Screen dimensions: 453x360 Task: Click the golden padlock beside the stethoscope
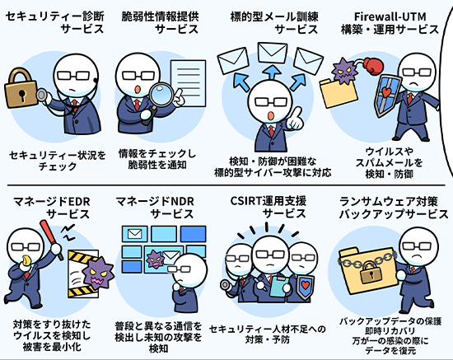click(x=21, y=88)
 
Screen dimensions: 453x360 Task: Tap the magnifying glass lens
click(x=161, y=93)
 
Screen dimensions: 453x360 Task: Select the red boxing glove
click(x=373, y=66)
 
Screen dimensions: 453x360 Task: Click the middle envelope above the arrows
click(x=272, y=53)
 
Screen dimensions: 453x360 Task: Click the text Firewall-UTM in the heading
click(x=390, y=16)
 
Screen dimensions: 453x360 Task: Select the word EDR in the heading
click(x=77, y=201)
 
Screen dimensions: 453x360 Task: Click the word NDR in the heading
click(x=182, y=201)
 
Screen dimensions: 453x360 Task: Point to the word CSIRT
click(x=245, y=201)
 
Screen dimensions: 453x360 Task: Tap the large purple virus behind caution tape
click(x=99, y=273)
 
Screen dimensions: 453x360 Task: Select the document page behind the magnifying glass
click(x=188, y=83)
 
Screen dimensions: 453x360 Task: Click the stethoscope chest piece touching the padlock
click(x=43, y=95)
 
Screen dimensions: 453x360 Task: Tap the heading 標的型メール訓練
click(x=274, y=16)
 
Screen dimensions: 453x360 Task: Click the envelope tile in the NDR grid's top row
click(x=134, y=234)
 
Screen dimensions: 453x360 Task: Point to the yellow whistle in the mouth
click(x=26, y=259)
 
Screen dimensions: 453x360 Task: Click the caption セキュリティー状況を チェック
click(x=58, y=161)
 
